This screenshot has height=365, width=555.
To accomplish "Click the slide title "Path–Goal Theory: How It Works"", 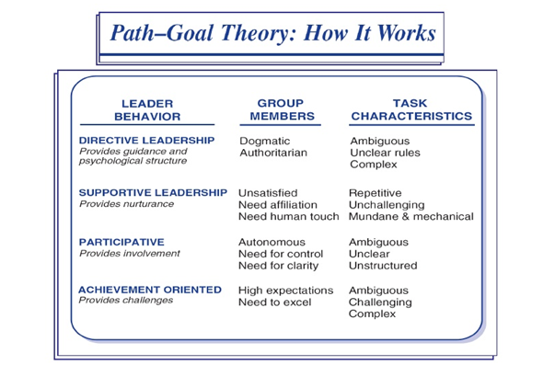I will (x=272, y=35).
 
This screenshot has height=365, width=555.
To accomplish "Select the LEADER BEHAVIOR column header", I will (x=147, y=110).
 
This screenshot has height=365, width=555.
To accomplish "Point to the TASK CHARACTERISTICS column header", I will (x=410, y=110).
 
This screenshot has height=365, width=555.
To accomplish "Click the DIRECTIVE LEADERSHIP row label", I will (x=147, y=140).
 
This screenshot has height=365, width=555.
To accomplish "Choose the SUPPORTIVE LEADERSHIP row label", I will (x=153, y=192).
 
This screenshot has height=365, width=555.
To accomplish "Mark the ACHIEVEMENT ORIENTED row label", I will (x=150, y=290).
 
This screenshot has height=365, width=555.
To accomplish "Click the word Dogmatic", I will (x=265, y=141).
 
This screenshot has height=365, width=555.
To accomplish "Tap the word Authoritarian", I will (x=273, y=153).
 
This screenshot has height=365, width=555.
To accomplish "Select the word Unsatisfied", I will (x=269, y=193).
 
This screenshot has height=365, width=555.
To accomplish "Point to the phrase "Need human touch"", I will (x=289, y=217).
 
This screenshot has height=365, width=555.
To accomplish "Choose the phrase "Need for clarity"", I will (x=279, y=266).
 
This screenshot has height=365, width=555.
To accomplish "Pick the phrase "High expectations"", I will (x=286, y=290).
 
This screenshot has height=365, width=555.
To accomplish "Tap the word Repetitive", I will (x=376, y=193).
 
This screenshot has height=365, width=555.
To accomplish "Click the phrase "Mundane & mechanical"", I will (x=410, y=217).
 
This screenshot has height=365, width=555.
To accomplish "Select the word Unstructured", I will (x=383, y=266).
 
